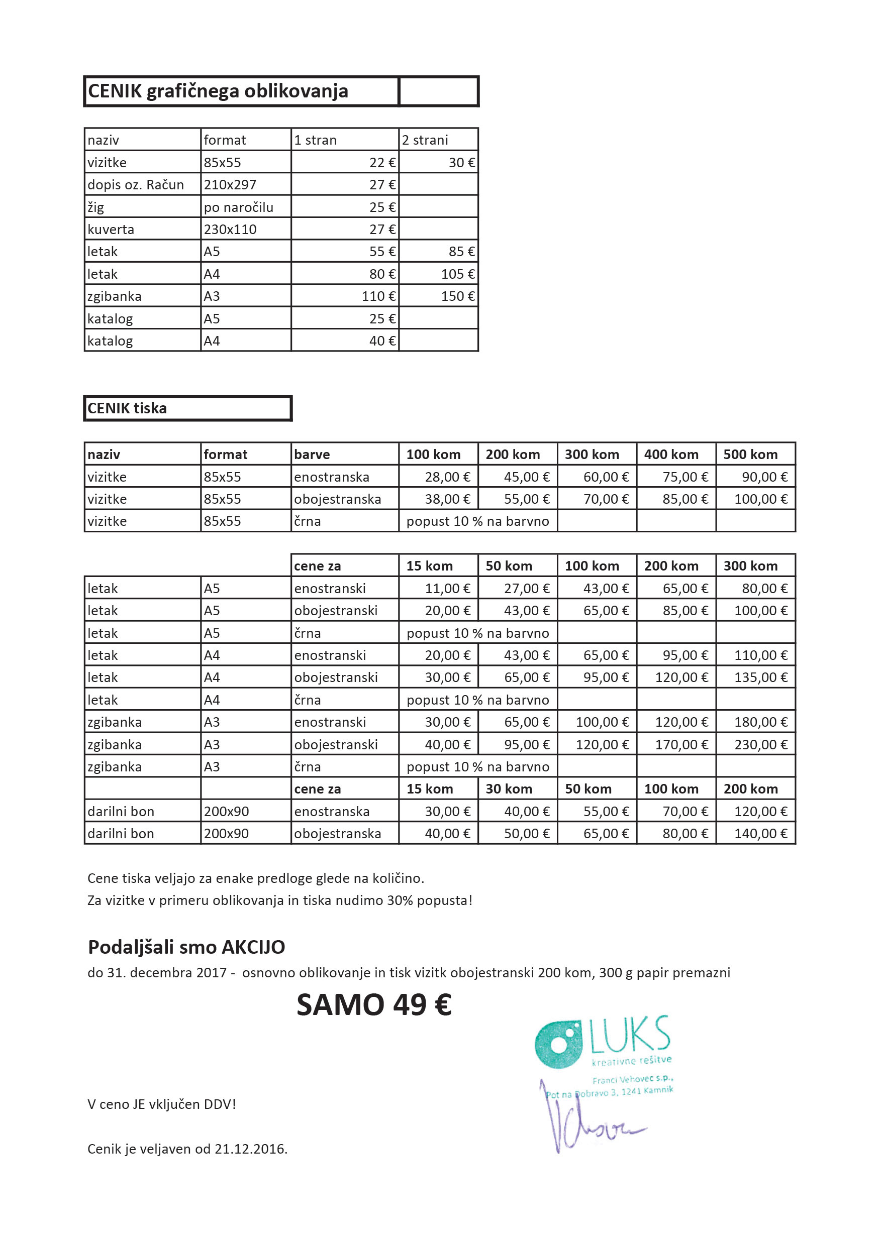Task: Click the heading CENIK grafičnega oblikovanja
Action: point(218,91)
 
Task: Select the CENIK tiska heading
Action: point(127,409)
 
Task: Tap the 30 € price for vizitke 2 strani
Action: point(461,163)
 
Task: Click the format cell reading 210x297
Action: point(230,185)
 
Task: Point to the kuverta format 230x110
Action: point(230,230)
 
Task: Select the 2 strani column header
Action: point(425,141)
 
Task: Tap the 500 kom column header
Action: point(750,455)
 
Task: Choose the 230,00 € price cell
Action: point(760,745)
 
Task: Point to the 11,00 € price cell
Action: point(447,589)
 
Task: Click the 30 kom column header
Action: point(508,789)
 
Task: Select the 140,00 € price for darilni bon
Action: point(760,834)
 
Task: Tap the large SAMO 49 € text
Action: point(373,1004)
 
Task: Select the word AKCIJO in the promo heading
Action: point(253,947)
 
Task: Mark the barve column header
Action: point(312,455)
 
